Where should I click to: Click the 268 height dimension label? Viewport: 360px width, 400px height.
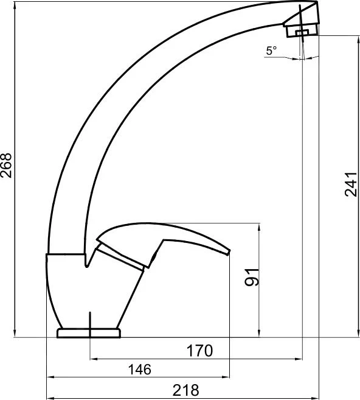(x=6, y=166)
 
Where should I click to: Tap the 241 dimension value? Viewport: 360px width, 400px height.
(x=351, y=184)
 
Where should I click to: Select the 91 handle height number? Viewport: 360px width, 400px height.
(x=252, y=277)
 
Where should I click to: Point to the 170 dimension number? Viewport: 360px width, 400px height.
(x=199, y=351)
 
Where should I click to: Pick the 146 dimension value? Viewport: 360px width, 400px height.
(x=140, y=370)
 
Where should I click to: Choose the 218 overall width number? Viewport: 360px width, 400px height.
(x=185, y=390)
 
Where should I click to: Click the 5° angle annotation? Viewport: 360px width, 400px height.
(x=271, y=51)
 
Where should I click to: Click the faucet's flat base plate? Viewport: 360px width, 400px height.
(x=89, y=333)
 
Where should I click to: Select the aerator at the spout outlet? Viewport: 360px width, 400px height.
(x=302, y=30)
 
